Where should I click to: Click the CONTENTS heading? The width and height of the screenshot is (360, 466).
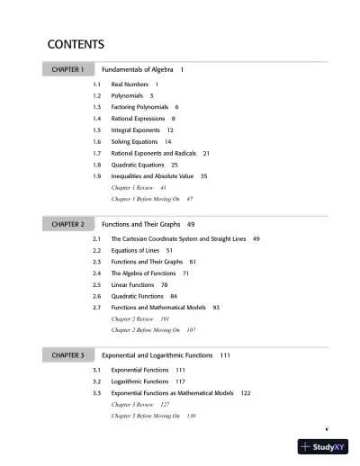pos(76,44)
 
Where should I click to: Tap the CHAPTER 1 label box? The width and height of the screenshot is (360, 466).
pos(67,69)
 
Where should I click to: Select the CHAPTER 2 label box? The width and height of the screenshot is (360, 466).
pos(67,223)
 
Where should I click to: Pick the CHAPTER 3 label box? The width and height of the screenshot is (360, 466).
pos(67,355)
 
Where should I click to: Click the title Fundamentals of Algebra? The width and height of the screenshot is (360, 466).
pos(138,69)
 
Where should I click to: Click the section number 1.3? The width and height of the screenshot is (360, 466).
pos(97,107)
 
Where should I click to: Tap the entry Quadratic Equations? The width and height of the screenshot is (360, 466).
pos(138,165)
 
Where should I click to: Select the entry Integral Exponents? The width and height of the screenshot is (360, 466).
pos(137,130)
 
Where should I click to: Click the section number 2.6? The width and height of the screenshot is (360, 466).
pos(97,296)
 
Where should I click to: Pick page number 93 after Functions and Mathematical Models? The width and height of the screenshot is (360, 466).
pos(216,308)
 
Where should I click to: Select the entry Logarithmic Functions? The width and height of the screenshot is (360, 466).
pos(139,381)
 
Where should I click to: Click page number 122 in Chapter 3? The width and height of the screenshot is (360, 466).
pos(246,393)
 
